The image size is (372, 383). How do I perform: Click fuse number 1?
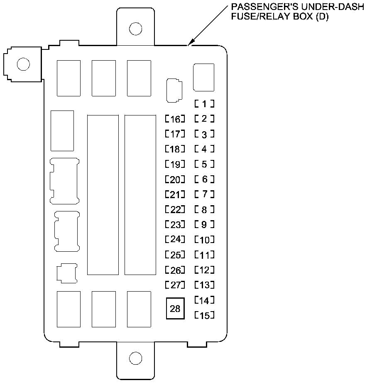[204, 103]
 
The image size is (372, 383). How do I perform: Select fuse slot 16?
[175, 120]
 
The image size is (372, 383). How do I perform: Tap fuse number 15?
[204, 315]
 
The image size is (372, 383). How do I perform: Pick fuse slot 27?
[175, 285]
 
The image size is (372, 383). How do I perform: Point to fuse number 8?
[204, 210]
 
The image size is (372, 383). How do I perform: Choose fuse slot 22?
[175, 210]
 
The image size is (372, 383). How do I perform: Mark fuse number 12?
[204, 270]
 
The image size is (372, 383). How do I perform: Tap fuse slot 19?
[175, 164]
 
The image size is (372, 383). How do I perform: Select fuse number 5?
[204, 164]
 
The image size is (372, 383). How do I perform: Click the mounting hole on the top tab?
[135, 29]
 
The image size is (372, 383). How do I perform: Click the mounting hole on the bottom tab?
[135, 357]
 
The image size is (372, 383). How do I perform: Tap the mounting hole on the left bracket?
[23, 64]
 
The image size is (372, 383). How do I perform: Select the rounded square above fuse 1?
[204, 77]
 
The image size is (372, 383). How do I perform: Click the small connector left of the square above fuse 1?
[174, 90]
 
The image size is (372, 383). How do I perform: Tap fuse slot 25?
[175, 254]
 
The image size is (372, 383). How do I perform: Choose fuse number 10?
[204, 240]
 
